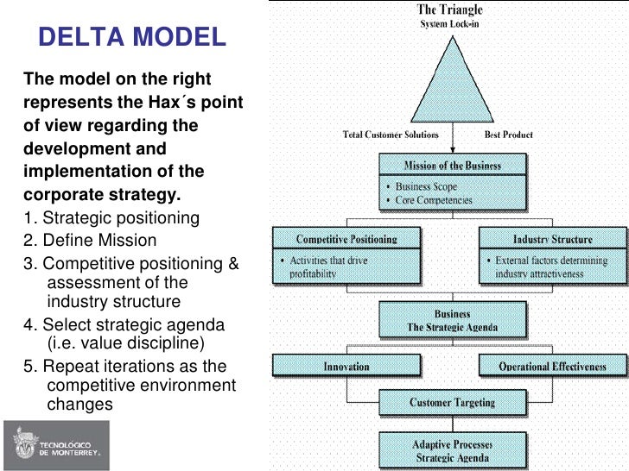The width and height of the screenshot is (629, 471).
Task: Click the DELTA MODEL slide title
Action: [x=132, y=37]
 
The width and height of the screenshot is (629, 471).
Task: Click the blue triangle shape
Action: [x=451, y=83]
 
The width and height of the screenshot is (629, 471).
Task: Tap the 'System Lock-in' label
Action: [x=451, y=24]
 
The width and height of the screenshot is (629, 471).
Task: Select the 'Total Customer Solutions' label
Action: [x=391, y=135]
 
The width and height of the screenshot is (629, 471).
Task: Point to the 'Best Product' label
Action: [x=509, y=135]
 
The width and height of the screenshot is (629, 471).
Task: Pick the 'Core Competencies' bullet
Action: [x=433, y=199]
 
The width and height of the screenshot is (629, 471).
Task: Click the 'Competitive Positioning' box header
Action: [x=346, y=239]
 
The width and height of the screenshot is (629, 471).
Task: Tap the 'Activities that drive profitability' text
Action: [x=336, y=267]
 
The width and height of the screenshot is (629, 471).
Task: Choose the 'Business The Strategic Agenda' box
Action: [x=452, y=322]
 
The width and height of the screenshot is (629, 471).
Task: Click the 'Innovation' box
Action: [x=346, y=367]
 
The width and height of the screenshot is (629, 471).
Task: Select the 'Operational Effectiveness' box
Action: [x=552, y=367]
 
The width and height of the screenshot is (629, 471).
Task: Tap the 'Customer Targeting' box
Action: [x=452, y=402]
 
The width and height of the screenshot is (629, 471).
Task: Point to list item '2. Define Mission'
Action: [x=90, y=241]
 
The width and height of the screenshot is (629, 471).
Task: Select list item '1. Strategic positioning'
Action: [x=111, y=218]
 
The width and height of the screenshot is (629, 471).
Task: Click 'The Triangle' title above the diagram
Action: [x=450, y=9]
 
